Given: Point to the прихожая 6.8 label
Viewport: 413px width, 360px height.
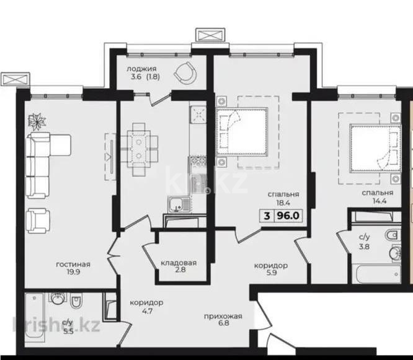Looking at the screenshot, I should (223, 321).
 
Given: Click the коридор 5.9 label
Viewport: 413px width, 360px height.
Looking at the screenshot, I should (270, 270).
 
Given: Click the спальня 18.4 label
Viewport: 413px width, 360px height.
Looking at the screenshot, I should (285, 199).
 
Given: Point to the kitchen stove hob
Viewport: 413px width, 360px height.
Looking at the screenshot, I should (198, 115).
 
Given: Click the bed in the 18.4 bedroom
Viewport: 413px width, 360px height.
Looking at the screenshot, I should (242, 131).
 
